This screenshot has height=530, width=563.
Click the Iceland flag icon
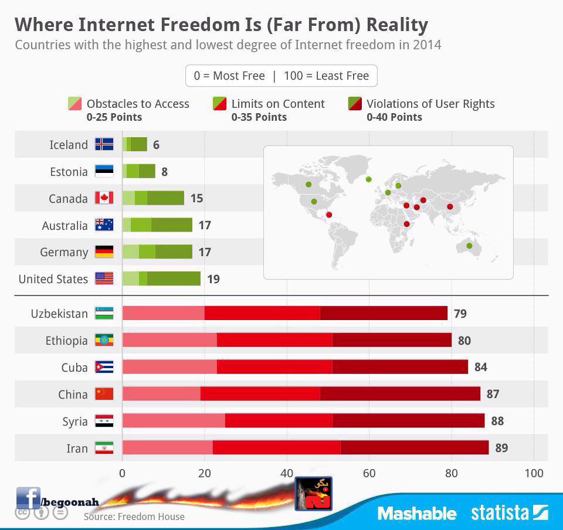pos(104,144)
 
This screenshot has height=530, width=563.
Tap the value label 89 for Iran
pos(501,448)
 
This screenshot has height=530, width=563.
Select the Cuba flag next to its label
pos(104,367)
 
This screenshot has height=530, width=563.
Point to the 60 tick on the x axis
pos(369,473)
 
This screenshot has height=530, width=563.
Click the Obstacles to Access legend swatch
pos(74,104)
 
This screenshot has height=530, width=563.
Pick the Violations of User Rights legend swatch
pos(355,104)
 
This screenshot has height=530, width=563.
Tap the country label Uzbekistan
pos(59,314)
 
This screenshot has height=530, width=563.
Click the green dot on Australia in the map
pos(469,246)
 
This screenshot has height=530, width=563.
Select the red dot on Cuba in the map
pos(329,215)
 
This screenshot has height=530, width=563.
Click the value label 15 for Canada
pos(196,198)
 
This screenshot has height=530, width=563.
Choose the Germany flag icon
pos(104,252)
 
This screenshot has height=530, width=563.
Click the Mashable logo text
pos(417,514)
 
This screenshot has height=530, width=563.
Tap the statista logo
pos(509,513)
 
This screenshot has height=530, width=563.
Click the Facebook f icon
pos(28,498)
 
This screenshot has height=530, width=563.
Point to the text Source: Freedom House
pos(134,517)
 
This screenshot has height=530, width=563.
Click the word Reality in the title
pos(397,25)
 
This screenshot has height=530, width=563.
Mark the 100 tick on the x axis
pos(534,473)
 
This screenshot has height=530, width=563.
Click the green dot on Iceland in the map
pos(369,179)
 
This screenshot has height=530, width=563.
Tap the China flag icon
pos(104,394)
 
